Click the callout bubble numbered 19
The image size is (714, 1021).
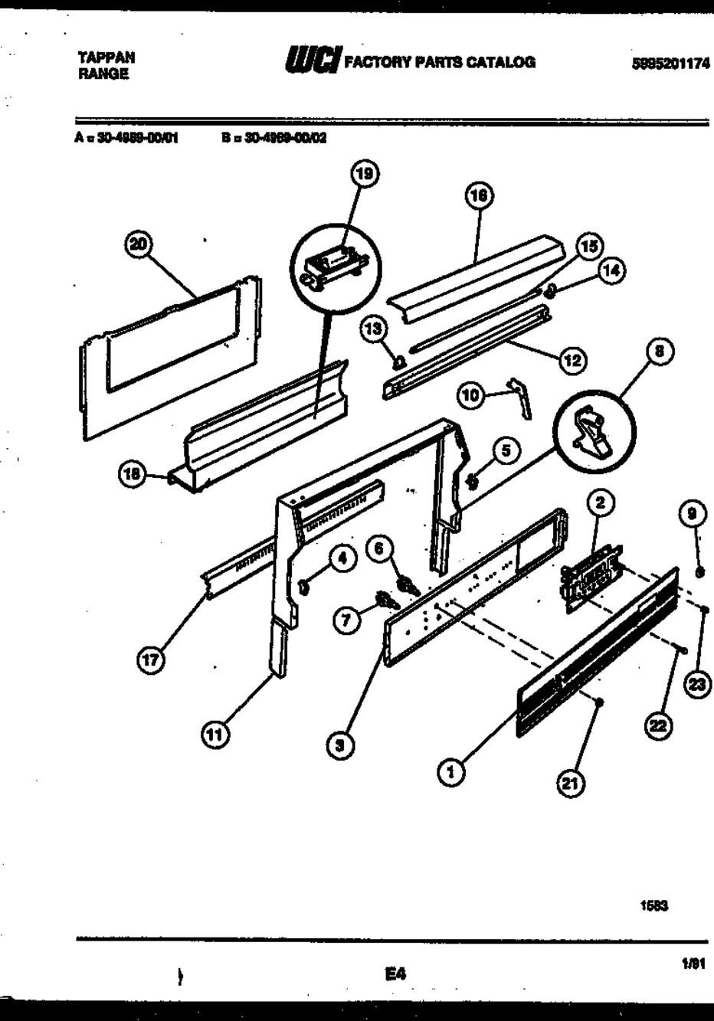click(x=365, y=175)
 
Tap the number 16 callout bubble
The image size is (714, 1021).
click(x=479, y=197)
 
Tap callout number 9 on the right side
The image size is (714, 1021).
click(x=692, y=515)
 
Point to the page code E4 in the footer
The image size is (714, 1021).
click(x=395, y=974)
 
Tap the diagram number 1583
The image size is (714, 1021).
click(x=654, y=905)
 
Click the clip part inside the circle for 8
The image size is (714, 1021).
click(x=591, y=434)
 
